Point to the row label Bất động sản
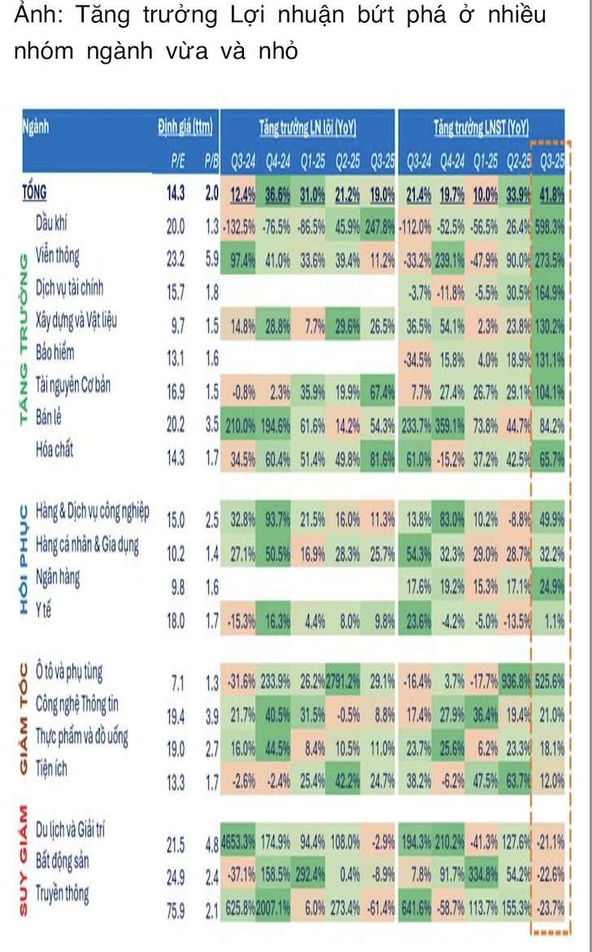[63, 859]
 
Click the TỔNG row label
[33, 193]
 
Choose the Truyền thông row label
[62, 893]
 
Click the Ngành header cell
[36, 126]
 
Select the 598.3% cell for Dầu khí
[548, 226]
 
